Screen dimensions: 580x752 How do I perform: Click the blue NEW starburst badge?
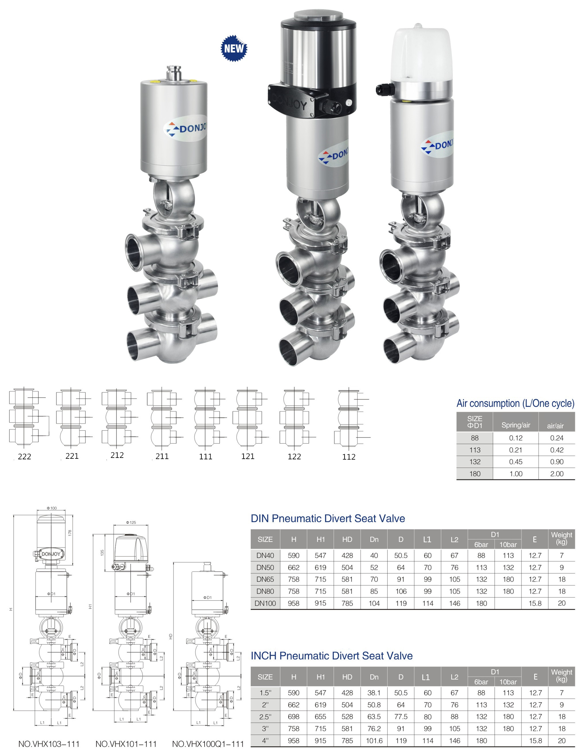[x=234, y=48]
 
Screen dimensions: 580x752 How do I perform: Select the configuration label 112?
[x=349, y=457]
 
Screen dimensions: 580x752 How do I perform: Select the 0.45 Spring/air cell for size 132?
[x=515, y=462]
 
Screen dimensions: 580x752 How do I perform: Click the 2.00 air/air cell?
[x=556, y=474]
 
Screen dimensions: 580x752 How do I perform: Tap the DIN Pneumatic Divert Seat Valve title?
[x=328, y=518]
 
